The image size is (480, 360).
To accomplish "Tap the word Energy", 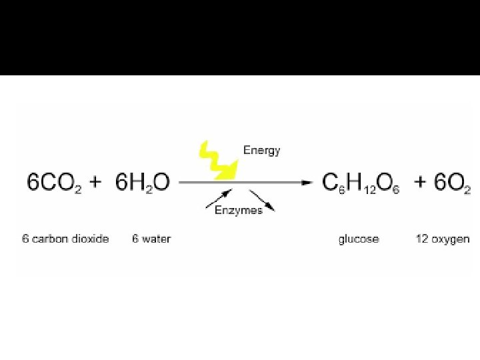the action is pyautogui.click(x=261, y=150).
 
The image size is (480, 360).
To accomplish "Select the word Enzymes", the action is pyautogui.click(x=238, y=210).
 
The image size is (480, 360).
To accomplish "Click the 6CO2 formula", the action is pyautogui.click(x=55, y=183).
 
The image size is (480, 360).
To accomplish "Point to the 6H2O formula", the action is pyautogui.click(x=143, y=183).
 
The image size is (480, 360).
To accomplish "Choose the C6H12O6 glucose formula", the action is pyautogui.click(x=361, y=183).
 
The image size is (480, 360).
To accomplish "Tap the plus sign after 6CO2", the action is pyautogui.click(x=95, y=181).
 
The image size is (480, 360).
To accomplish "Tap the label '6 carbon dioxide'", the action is pyautogui.click(x=65, y=239).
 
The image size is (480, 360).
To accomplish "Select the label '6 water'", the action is pyautogui.click(x=151, y=239).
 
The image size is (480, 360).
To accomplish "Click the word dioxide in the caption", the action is pyautogui.click(x=90, y=239).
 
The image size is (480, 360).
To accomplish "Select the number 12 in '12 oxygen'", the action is pyautogui.click(x=422, y=239).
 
